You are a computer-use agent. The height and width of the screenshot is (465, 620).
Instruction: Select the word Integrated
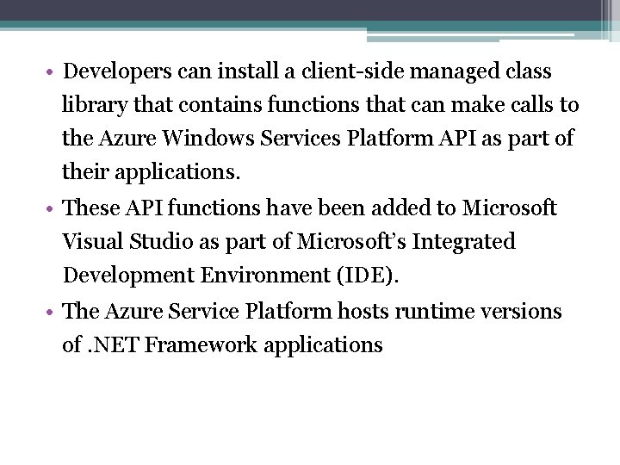click(x=463, y=242)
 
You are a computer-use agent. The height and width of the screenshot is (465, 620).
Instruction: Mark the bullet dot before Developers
click(x=53, y=71)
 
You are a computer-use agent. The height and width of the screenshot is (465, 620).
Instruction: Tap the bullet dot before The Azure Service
click(x=53, y=312)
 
